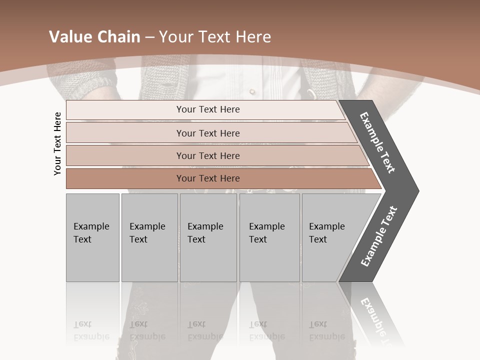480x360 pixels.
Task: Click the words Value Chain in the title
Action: tap(94, 37)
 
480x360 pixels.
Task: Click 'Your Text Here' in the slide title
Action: tap(215, 37)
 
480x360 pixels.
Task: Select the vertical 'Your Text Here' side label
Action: tap(57, 143)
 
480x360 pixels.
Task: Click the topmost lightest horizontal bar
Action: tap(207, 109)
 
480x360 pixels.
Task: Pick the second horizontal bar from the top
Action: tap(207, 133)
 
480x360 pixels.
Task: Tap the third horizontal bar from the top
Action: tap(207, 155)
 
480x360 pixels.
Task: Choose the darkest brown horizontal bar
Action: tap(207, 178)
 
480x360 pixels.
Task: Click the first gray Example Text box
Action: tap(92, 237)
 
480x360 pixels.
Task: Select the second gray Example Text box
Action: tap(149, 237)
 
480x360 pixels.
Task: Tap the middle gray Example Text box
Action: tap(208, 237)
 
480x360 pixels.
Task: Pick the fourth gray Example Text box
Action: tap(269, 237)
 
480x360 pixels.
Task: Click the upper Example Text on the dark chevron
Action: tap(378, 142)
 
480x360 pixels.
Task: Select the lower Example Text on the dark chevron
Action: tap(379, 236)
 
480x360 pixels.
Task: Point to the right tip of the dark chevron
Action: tap(417, 190)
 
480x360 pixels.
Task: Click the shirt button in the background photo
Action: tap(252, 91)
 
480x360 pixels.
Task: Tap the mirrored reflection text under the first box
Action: tap(91, 331)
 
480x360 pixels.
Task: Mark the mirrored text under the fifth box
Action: tap(326, 331)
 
